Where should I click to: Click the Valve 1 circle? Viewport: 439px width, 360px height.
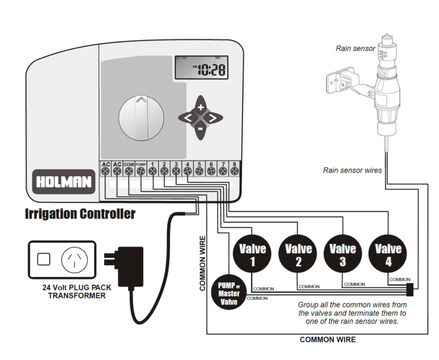pos(253,253)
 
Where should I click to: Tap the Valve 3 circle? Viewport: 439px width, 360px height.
pos(343,253)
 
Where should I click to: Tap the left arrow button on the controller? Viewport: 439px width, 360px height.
pos(188,118)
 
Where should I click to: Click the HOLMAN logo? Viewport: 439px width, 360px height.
pos(63,182)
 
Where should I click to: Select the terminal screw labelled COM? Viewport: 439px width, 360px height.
pos(129,170)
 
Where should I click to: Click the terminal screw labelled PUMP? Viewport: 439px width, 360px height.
pos(141,170)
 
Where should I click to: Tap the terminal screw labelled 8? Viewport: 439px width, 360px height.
pos(234,170)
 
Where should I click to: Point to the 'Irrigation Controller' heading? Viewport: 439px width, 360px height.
pos(80,214)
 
